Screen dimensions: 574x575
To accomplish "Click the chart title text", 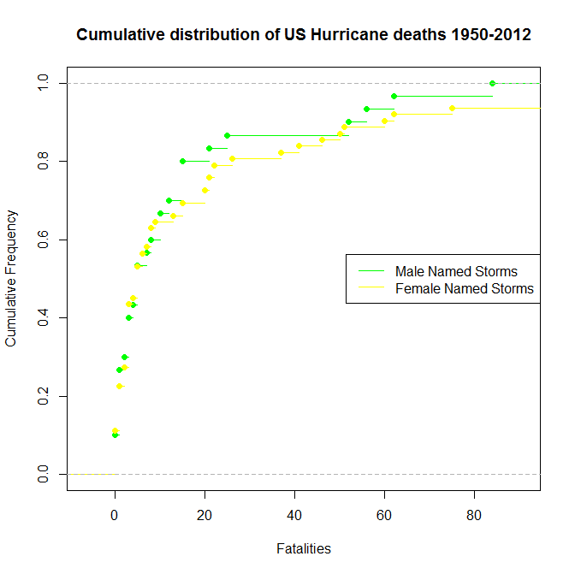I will [x=304, y=35].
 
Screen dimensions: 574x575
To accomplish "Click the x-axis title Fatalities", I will [x=304, y=548].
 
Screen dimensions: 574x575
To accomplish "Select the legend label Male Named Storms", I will [x=456, y=271].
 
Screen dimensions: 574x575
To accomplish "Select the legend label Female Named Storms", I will [x=464, y=289].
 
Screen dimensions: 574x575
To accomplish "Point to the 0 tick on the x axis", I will [x=115, y=514].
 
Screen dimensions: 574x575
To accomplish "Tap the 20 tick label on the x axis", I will [x=205, y=514].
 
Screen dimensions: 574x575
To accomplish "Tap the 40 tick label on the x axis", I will [x=294, y=514].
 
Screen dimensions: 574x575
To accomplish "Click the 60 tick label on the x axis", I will [x=385, y=514].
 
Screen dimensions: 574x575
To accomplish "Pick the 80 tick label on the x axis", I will [x=475, y=514].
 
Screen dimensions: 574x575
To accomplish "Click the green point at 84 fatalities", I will [x=493, y=83].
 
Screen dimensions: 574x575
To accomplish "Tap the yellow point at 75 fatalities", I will [x=453, y=108].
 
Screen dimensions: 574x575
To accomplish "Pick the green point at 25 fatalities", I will [x=227, y=135].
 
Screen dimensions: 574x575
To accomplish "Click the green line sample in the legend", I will [x=370, y=271].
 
